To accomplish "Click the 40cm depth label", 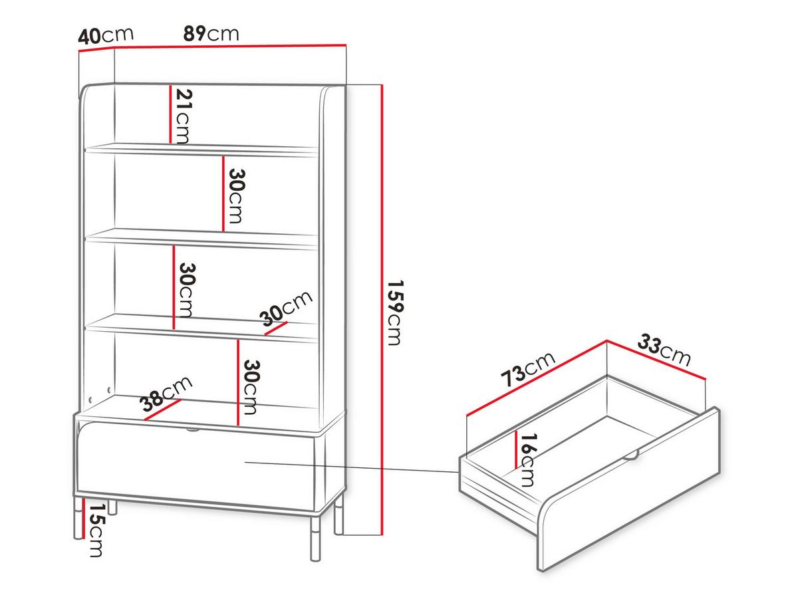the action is pyautogui.click(x=106, y=36).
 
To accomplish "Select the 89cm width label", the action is pyautogui.click(x=211, y=34).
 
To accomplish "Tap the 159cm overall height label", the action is pyautogui.click(x=395, y=312).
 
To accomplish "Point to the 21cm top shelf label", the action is pyautogui.click(x=183, y=116).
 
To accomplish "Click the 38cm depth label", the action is pyautogui.click(x=166, y=394).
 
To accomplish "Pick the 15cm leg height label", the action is pyautogui.click(x=96, y=530).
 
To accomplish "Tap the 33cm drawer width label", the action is pyautogui.click(x=664, y=350).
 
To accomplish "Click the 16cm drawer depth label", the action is pyautogui.click(x=528, y=460).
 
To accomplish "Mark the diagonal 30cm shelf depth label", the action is pyautogui.click(x=286, y=309).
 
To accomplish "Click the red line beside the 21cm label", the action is pyautogui.click(x=170, y=114).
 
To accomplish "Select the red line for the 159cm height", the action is pyautogui.click(x=381, y=310).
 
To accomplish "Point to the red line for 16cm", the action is pyautogui.click(x=516, y=449).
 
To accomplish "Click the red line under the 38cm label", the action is pyautogui.click(x=162, y=410).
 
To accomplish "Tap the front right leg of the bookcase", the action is pyautogui.click(x=315, y=539).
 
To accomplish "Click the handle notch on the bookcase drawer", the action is pyautogui.click(x=193, y=430).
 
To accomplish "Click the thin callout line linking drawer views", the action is pyautogui.click(x=352, y=467).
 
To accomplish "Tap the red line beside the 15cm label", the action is pyautogui.click(x=84, y=519).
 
